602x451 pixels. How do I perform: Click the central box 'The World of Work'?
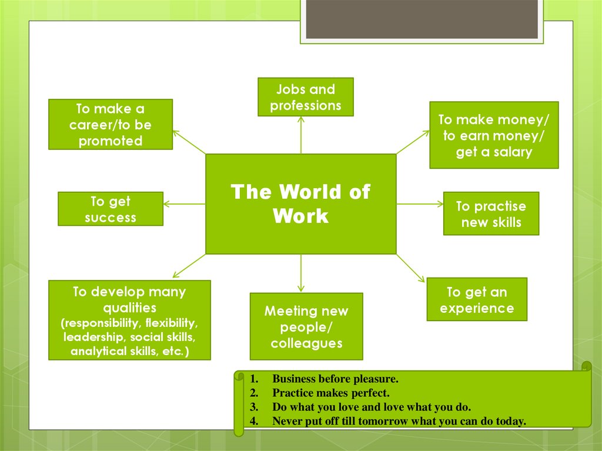[300, 203]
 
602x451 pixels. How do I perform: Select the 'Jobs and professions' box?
[306, 97]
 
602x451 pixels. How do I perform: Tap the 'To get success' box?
[111, 209]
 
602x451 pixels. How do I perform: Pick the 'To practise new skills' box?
[491, 213]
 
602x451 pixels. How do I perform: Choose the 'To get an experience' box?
[476, 299]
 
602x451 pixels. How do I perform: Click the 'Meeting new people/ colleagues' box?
[306, 326]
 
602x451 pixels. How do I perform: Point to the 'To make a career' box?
[111, 124]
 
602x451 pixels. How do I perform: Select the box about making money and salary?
[494, 135]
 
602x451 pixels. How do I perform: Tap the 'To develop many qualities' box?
[129, 320]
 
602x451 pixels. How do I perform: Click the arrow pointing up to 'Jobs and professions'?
[301, 134]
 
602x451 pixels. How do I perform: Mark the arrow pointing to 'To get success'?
[183, 204]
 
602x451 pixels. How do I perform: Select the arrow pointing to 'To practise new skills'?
[420, 204]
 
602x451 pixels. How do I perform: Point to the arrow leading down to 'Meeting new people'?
[301, 272]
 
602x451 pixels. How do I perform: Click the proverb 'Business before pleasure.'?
[335, 379]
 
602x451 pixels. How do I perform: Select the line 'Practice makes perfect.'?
[330, 393]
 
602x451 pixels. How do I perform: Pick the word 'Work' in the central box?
[300, 216]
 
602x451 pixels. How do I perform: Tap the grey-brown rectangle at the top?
[422, 19]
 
